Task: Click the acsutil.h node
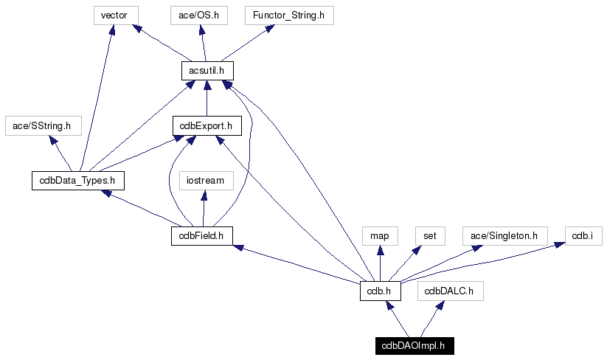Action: pos(207,71)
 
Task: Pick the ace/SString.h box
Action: pos(44,126)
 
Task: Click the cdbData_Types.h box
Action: pos(77,181)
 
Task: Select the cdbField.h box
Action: pos(201,236)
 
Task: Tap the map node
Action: pos(380,236)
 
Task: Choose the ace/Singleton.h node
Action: pos(504,236)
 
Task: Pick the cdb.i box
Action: pos(583,236)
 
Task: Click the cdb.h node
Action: pos(380,291)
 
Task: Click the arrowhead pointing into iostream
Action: pos(205,195)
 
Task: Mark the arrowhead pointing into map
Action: pos(380,251)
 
